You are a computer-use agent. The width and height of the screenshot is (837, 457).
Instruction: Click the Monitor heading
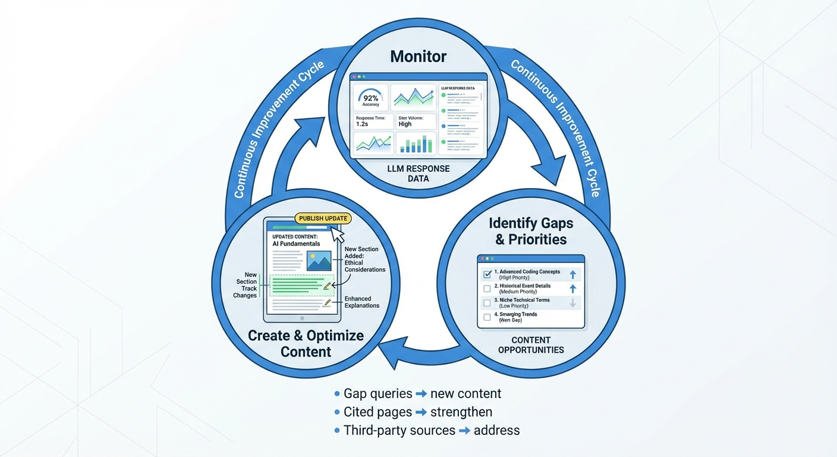pos(418,57)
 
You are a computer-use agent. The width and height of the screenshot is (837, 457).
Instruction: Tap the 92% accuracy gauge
pos(371,97)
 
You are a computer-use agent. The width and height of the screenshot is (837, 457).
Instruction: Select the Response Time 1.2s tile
pos(371,121)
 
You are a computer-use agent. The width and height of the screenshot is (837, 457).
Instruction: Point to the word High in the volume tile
pos(405,124)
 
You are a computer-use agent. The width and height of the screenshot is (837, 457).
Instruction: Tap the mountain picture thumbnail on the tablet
pos(319,261)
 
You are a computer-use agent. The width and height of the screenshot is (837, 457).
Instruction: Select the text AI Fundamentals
pos(296,243)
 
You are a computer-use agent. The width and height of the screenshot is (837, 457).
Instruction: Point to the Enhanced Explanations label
pos(361,302)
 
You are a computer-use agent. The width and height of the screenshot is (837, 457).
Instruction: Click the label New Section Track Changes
pos(246,285)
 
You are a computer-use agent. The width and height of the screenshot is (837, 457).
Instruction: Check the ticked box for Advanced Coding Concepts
pos(487,274)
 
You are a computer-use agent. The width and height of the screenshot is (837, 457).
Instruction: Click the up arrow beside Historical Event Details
pos(573,289)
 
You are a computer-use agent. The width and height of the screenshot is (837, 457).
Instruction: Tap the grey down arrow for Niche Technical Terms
pos(573,303)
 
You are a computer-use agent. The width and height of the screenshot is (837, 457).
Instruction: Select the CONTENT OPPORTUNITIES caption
pos(531,345)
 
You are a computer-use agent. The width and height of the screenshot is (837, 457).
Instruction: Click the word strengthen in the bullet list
pos(461,412)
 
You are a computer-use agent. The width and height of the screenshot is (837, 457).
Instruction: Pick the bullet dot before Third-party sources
pos(337,430)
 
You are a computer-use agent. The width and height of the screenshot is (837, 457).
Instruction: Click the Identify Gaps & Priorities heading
pos(531,231)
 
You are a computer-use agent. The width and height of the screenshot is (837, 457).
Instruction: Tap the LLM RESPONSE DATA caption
pos(418,174)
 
